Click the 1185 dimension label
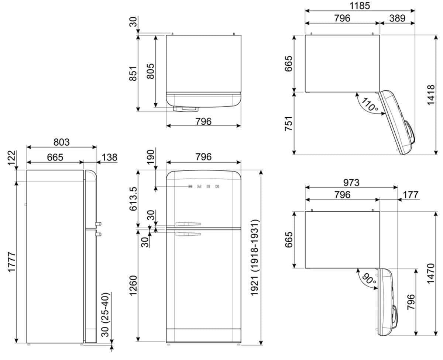point(360,6)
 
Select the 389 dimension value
point(397,18)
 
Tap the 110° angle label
point(370,104)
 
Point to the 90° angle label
point(369,279)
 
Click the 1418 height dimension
point(431,95)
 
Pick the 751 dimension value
point(288,124)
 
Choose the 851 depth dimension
point(133,73)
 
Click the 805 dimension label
point(151,71)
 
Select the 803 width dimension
point(61,142)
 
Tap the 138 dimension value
point(109,157)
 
